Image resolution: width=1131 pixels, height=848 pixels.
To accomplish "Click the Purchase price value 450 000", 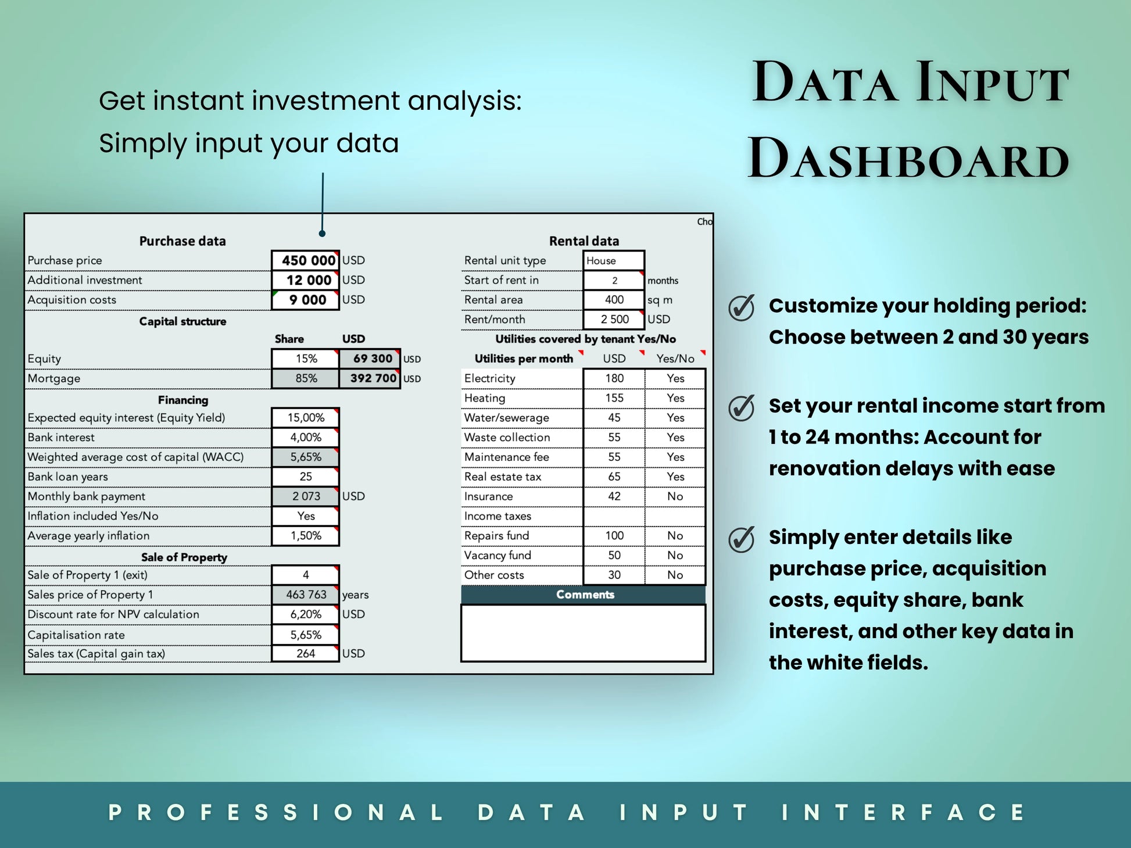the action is [309, 260].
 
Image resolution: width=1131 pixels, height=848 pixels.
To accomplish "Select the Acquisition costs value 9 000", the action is [307, 300].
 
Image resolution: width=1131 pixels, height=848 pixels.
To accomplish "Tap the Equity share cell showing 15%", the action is [306, 359].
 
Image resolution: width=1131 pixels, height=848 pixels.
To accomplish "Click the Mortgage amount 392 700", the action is [373, 378].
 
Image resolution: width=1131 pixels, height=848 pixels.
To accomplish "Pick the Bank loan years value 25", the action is [306, 477].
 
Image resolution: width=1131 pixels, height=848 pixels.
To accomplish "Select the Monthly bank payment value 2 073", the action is [306, 496].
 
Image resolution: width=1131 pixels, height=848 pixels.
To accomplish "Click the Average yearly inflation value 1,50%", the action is [306, 536].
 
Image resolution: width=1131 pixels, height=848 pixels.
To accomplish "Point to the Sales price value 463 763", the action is [306, 595].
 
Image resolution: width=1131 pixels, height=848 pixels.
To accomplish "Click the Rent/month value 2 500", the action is [615, 320].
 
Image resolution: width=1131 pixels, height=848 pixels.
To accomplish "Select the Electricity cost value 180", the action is [614, 378].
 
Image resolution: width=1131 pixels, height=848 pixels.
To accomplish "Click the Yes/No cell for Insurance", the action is [675, 496].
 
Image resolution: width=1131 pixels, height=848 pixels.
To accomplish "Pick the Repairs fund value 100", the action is [614, 536].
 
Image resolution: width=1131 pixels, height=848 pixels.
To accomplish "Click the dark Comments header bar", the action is [584, 595].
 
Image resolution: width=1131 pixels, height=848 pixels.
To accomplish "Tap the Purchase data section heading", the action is [182, 241].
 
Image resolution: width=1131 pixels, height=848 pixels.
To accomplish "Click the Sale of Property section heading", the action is [184, 557].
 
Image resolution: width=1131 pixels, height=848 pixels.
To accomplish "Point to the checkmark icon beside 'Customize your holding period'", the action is [742, 307].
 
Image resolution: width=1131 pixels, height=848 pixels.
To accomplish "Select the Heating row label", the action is [485, 398].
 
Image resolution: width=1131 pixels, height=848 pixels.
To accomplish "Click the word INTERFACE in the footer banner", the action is [904, 813].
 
